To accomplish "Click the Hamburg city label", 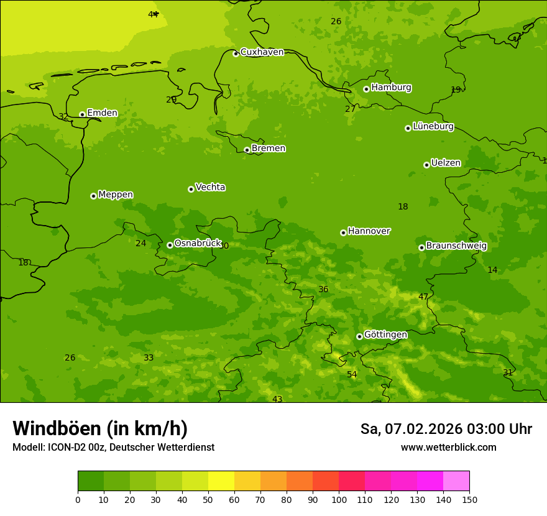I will [x=391, y=88].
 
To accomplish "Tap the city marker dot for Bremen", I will [x=247, y=150].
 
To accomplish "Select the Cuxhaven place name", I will [x=262, y=52].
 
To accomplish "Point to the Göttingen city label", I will [x=385, y=335].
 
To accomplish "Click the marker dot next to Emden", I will [x=82, y=114].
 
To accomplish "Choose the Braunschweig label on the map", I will [x=456, y=246].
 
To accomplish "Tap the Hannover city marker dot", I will [x=343, y=233].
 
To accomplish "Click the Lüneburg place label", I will [x=433, y=127].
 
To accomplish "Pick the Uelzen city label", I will [x=446, y=164].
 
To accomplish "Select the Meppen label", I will [x=116, y=195].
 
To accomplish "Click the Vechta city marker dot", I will [x=191, y=189].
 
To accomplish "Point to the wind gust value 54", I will [x=352, y=374].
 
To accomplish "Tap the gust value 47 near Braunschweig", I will [x=423, y=297].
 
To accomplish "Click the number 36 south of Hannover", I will [x=323, y=289].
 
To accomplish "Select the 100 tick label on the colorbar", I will [x=339, y=499].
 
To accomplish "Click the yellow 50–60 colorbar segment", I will [x=221, y=481].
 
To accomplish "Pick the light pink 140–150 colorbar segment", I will [x=456, y=481].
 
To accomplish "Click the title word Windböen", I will [x=57, y=428].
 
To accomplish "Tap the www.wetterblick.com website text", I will [x=448, y=448].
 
